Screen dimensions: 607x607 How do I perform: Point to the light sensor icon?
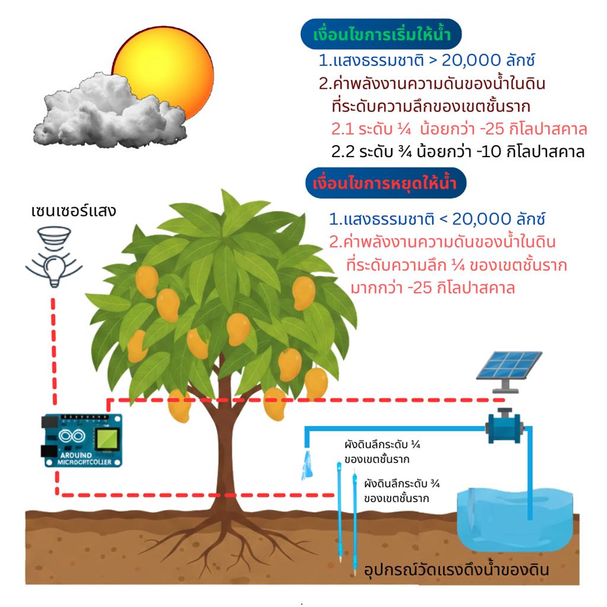click(x=53, y=258)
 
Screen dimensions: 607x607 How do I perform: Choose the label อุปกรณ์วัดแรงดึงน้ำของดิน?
click(x=456, y=571)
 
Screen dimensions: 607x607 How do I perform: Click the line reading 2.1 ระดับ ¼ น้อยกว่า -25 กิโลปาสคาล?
click(x=459, y=129)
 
